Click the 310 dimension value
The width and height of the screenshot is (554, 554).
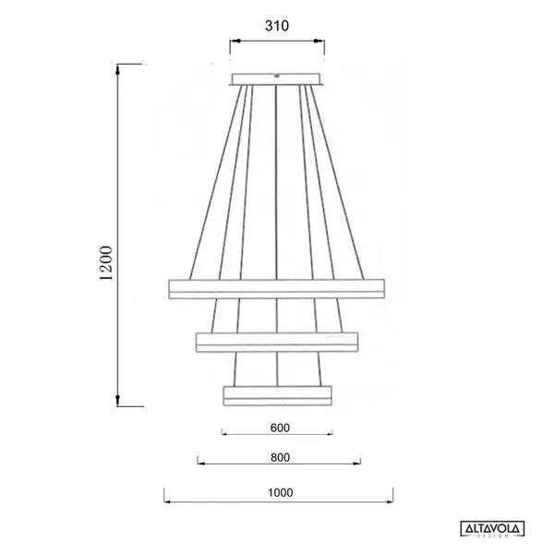tap(276, 26)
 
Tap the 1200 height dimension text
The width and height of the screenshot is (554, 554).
tap(106, 262)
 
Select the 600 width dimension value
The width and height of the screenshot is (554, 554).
tap(281, 428)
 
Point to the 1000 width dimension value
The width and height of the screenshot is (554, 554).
tap(280, 493)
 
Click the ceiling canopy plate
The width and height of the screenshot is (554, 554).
tap(277, 78)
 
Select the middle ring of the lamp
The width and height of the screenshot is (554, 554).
tap(277, 342)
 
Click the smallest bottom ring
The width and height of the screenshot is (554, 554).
tap(276, 394)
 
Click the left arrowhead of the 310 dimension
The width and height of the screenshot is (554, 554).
tap(234, 42)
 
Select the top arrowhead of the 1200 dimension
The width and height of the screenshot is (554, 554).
tap(119, 67)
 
